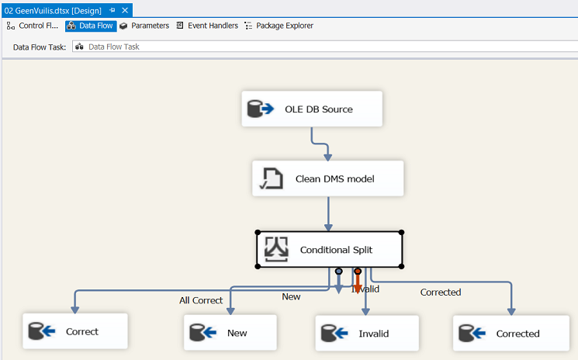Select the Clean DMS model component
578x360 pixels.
[328, 178]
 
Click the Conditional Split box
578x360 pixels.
[329, 249]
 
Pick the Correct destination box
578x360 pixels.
[74, 331]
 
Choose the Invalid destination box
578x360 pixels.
[367, 334]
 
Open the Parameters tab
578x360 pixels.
[144, 26]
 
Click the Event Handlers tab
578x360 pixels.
[207, 26]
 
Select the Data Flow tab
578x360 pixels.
[91, 26]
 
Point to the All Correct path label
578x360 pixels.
[201, 300]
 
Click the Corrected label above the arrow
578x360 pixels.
[440, 292]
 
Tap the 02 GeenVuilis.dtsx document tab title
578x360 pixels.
[53, 10]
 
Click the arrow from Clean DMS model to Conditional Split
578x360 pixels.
[328, 213]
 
